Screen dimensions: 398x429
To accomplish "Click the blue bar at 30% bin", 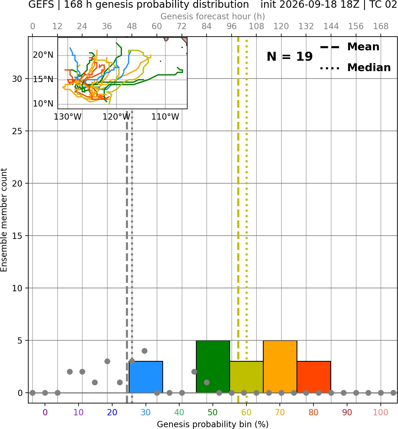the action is pos(146,377).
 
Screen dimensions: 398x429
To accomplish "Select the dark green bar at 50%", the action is pos(213,367).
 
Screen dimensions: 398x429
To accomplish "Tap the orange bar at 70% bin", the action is pos(280,367).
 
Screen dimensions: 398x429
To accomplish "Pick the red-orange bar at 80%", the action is pos(314,377).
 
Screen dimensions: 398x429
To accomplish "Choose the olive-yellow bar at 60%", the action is pos(246,377).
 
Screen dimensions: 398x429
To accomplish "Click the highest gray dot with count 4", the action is pos(144,351).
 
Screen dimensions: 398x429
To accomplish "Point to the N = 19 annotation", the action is pos(290,57).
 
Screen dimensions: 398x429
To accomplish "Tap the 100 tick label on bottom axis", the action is pos(380,413).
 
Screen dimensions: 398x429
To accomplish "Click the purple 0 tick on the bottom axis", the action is pos(45,413).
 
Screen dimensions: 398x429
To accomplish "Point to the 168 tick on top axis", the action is pos(381,26).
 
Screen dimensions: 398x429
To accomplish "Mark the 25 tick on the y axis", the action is pos(17,131).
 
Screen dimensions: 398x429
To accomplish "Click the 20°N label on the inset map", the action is pos(43,55).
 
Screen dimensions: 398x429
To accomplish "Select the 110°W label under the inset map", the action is pos(165,117).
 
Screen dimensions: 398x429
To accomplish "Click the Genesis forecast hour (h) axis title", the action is pos(213,16).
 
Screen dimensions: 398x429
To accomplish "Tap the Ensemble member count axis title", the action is pos(4,220).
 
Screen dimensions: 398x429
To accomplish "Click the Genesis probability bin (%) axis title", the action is pos(213,424).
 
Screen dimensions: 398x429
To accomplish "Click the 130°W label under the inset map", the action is pos(68,117).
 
